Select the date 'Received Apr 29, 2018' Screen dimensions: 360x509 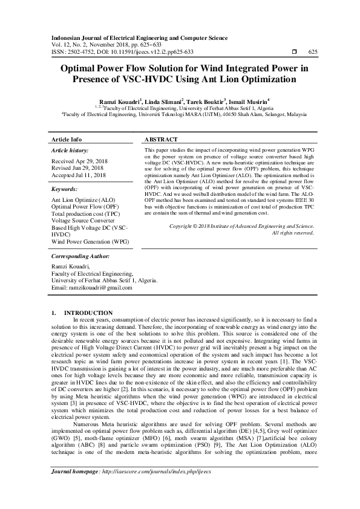[x=79, y=161]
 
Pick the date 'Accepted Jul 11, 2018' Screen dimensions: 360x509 [x=79, y=175]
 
